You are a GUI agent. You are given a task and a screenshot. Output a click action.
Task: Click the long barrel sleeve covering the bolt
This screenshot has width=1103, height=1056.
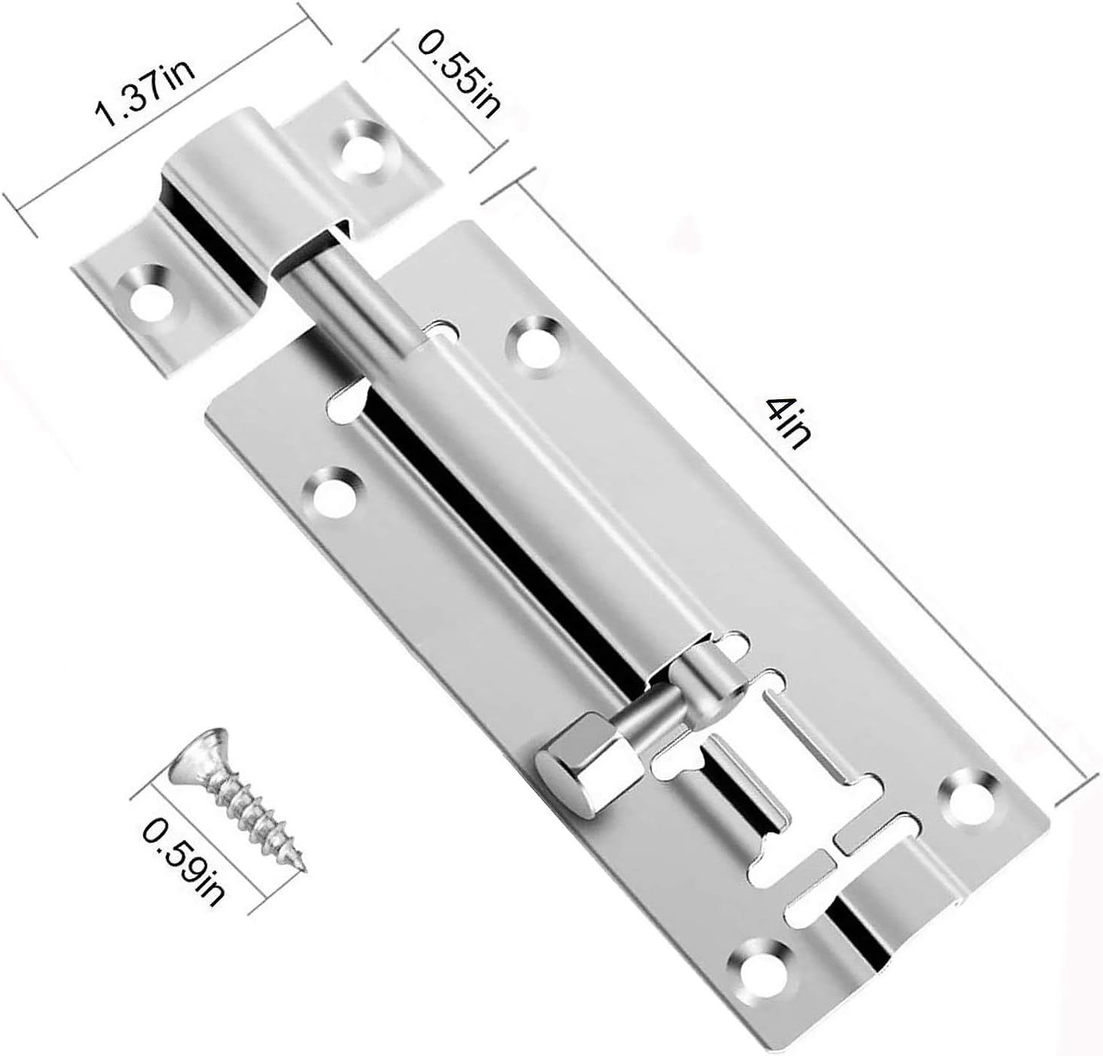pyautogui.click(x=525, y=495)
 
